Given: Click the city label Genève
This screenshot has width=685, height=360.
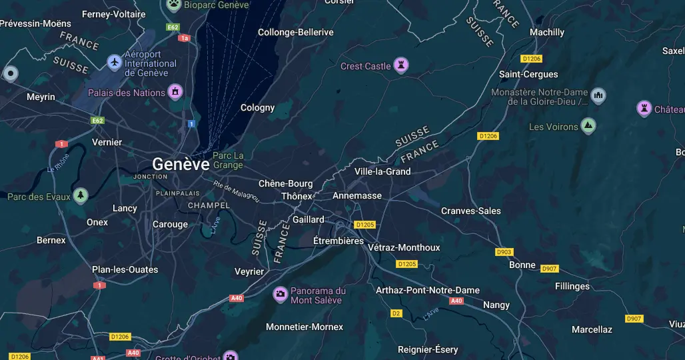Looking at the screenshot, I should coord(181,164).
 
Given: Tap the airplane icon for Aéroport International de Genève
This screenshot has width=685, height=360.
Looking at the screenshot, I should coord(114,62).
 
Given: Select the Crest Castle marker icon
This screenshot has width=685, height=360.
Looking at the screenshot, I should coord(401,65).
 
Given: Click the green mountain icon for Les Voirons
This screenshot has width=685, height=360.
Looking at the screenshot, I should coord(588,126).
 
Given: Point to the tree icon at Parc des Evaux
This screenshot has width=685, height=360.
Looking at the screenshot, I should coord(81,196).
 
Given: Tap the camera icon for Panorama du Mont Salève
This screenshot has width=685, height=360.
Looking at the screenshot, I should coord(281,294).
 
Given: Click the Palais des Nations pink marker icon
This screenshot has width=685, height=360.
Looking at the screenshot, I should coord(175,91).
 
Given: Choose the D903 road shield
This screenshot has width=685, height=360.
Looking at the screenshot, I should coord(504,252).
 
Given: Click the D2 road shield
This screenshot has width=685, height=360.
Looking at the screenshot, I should coord(396,313).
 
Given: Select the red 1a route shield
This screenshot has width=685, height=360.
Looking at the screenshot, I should coord(185,38).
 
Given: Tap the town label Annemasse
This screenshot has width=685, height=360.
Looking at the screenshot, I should coord(357,196).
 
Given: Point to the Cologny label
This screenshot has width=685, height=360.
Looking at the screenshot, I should coord(257,107).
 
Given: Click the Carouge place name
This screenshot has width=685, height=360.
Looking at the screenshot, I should coord(170,225).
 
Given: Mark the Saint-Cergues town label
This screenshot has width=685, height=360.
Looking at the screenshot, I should coord(528,74).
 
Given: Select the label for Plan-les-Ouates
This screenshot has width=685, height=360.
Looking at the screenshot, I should coord(125,269).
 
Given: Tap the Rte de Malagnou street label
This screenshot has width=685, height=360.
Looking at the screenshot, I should coord(236,191).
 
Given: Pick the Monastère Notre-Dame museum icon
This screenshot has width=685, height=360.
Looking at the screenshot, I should coord(598,95).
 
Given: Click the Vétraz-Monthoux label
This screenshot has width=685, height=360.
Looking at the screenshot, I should coord(404,247).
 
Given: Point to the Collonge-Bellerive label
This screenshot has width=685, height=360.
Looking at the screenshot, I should coord(296,32).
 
